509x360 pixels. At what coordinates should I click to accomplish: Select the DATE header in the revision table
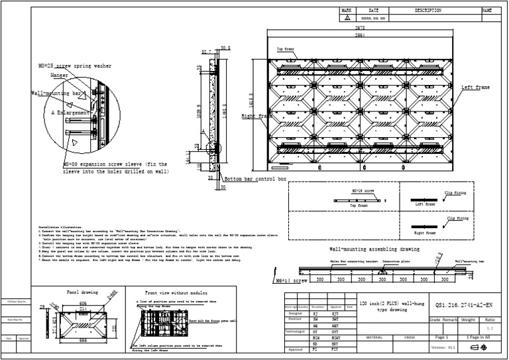[x=374, y=11]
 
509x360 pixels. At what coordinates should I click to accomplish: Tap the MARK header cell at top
[x=347, y=11]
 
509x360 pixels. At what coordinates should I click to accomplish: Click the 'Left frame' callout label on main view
[x=476, y=88]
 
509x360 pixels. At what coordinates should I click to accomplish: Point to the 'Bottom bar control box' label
[x=255, y=180]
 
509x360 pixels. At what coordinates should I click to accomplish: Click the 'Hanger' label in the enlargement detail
[x=59, y=76]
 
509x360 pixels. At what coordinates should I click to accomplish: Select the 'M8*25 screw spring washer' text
[x=70, y=66]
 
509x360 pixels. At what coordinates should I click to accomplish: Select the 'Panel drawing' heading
[x=82, y=292]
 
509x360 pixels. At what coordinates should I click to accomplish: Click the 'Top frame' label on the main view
[x=286, y=50]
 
